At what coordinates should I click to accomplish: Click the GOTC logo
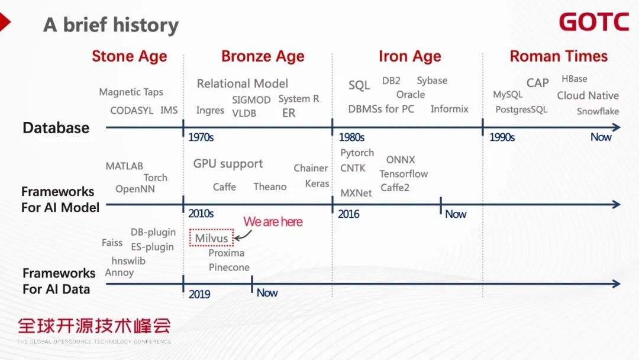point(594,21)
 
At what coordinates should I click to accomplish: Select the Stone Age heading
point(129,56)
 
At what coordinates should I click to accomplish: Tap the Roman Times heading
point(559,56)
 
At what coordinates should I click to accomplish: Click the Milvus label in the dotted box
point(211,238)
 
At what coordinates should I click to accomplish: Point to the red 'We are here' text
point(273,222)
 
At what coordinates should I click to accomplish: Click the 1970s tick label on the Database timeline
point(201,137)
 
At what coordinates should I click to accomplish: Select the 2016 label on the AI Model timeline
point(348,214)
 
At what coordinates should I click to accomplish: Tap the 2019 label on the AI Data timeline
point(199,294)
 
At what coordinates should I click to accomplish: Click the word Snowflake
point(598,111)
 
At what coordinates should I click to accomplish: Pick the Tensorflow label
point(404,173)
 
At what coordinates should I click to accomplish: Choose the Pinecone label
point(229,267)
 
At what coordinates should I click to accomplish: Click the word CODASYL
point(131,111)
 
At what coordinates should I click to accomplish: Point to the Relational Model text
point(243,83)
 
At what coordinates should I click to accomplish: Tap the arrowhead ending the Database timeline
point(617,127)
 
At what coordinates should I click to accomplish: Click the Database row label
point(56,128)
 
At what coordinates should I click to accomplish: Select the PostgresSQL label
point(521,110)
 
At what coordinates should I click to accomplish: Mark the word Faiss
point(112,243)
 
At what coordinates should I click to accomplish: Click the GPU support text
point(228,164)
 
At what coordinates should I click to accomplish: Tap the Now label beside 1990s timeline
point(601,137)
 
